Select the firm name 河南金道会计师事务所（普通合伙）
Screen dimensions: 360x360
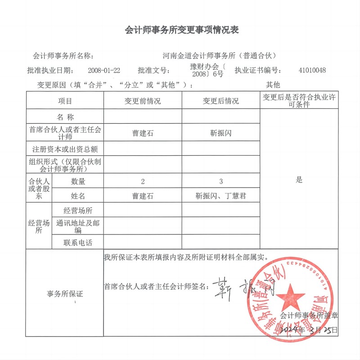pyautogui.click(x=219, y=56)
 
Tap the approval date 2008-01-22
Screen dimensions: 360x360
pyautogui.click(x=105, y=70)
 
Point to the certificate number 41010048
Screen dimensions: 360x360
pyautogui.click(x=312, y=70)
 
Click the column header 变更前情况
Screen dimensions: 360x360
pyautogui.click(x=143, y=101)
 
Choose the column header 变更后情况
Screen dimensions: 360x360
pyautogui.click(x=221, y=101)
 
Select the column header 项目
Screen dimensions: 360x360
pyautogui.click(x=65, y=101)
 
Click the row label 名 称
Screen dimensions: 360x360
pyautogui.click(x=65, y=117)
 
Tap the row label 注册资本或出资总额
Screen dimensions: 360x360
pyautogui.click(x=65, y=148)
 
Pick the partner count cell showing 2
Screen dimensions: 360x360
pyautogui.click(x=143, y=181)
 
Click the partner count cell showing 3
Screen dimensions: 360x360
pyautogui.click(x=221, y=181)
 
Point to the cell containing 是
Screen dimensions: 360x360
pyautogui.click(x=299, y=180)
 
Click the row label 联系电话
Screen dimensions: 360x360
pyautogui.click(x=78, y=243)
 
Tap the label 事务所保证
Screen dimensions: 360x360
pyautogui.click(x=65, y=294)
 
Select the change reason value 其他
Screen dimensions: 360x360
pyautogui.click(x=273, y=85)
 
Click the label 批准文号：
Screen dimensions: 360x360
pyautogui.click(x=154, y=70)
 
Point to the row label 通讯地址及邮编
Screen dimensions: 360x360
pyautogui.click(x=78, y=226)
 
